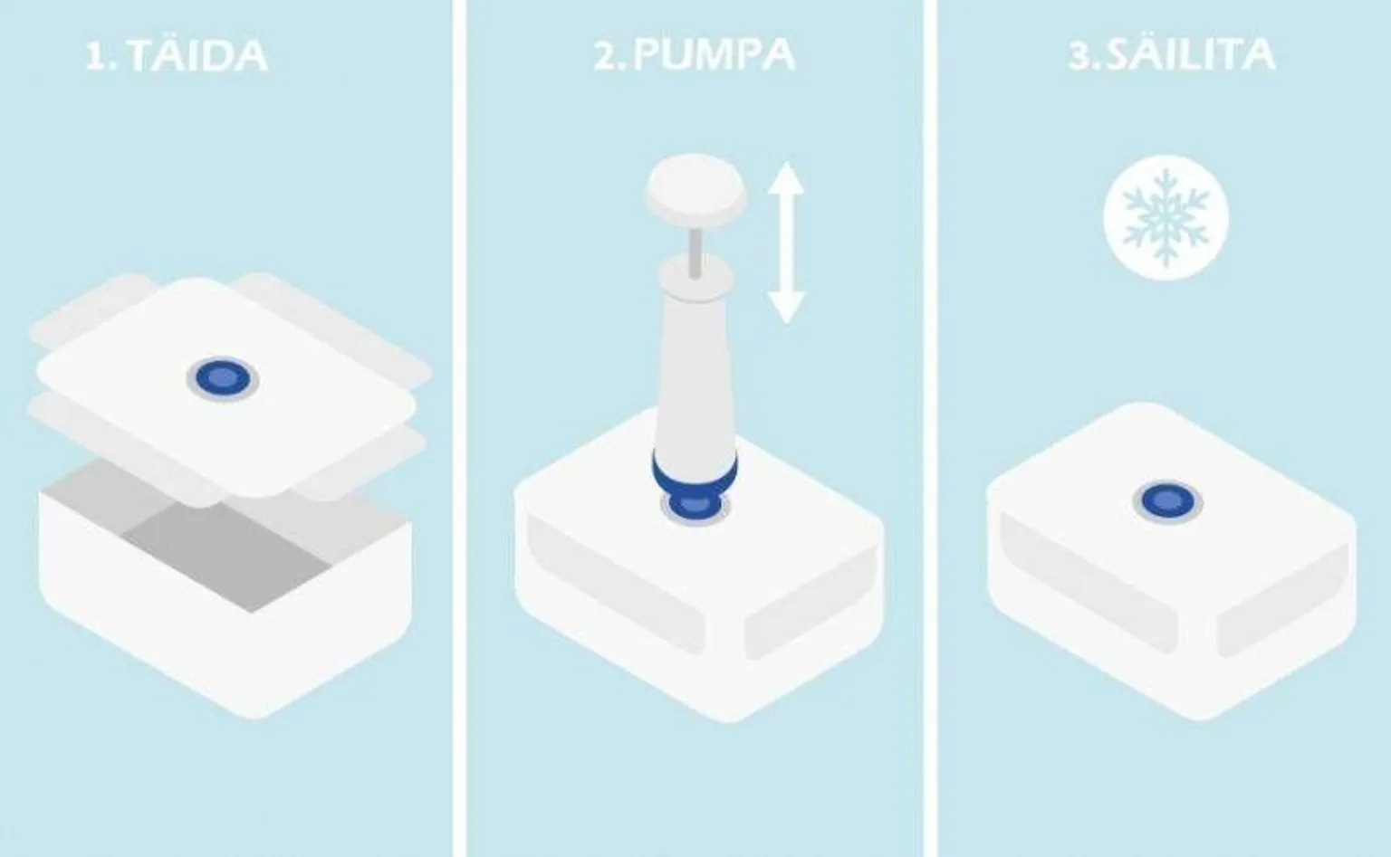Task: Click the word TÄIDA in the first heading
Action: pos(197,56)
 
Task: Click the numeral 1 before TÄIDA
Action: pos(97,56)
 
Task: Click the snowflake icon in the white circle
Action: pos(1166,218)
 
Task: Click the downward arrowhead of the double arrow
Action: pos(786,307)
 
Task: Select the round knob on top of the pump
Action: pos(695,185)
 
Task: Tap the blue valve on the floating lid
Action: pos(223,378)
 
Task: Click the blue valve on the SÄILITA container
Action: pos(1167,500)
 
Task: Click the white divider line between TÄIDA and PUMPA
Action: pos(459,428)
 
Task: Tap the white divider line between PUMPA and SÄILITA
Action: pos(930,428)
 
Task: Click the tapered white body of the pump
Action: pos(695,378)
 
